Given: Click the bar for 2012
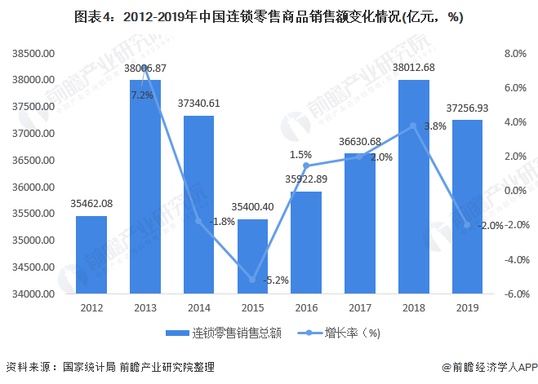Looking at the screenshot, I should coord(91,254).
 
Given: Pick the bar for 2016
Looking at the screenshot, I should coord(306,242).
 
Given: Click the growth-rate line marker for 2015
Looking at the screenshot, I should coord(252,280).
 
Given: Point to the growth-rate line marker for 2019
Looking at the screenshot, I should coord(467,225).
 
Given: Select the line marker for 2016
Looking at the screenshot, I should coord(306,166).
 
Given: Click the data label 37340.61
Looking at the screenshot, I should coord(198,104).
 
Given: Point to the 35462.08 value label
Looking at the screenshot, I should coord(91,204).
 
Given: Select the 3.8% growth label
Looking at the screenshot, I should coord(435,126).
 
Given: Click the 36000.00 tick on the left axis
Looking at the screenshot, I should coord(33,188).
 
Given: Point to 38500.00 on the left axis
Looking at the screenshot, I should coord(33,54).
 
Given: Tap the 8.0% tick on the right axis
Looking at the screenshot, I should coord(516,54).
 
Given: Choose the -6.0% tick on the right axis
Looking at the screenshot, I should coord(514,294).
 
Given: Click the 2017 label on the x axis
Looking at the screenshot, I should coord(359,308).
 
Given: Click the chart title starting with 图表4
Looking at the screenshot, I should coord(268,17).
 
